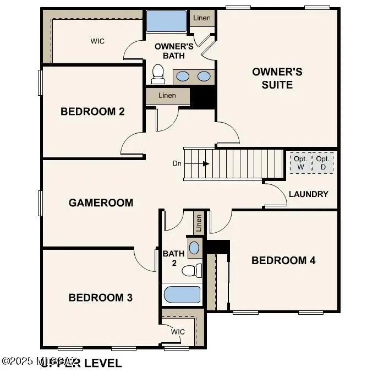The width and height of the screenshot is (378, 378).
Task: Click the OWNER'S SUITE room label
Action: tap(277, 78)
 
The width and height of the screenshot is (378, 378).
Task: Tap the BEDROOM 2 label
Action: tap(92, 112)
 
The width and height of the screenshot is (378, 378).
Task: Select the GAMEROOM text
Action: tap(101, 202)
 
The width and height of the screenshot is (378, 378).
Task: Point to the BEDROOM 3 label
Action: tap(100, 298)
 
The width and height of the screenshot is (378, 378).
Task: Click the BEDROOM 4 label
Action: tap(283, 260)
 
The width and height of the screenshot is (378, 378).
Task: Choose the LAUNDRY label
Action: tap(308, 194)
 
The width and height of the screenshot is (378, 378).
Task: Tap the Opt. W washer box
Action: tap(300, 163)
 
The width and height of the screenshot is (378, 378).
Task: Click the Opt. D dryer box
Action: tap(322, 163)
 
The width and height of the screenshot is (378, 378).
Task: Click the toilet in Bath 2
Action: tap(190, 271)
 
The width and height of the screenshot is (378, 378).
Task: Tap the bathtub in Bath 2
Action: tap(182, 295)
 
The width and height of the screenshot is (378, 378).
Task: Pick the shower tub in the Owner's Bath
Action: tap(166, 22)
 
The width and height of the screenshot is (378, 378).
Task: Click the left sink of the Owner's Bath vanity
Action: tap(183, 76)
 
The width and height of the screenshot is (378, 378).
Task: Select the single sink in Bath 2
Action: tap(194, 247)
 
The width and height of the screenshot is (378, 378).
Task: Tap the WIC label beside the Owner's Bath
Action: tap(97, 41)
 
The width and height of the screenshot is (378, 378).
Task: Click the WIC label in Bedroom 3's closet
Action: tap(178, 332)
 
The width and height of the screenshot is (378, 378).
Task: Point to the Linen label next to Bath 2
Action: tap(199, 223)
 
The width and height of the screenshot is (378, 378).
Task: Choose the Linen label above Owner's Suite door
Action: tap(201, 18)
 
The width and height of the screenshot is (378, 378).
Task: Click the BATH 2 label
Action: tap(170, 258)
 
